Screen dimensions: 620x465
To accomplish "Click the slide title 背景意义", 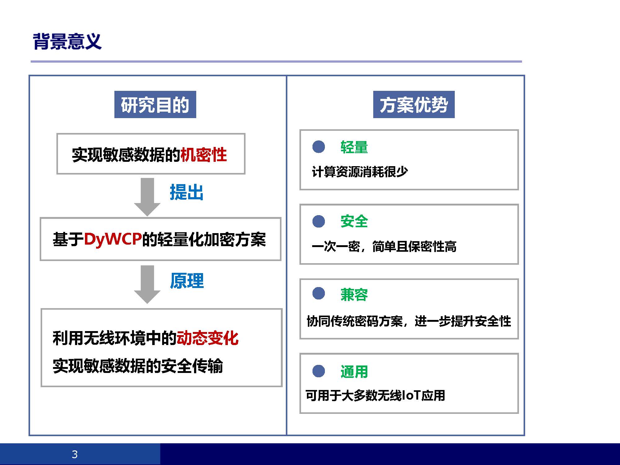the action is coord(67,41).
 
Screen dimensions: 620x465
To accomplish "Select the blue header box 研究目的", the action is coord(155,104).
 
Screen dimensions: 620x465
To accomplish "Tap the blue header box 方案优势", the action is coord(414,104).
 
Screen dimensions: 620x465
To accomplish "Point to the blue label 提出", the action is coord(187,192).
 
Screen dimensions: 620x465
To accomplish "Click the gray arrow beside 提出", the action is coord(147,197).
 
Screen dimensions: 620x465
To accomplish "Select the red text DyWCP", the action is coord(113,239).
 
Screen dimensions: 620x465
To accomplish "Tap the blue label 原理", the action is coord(187,281).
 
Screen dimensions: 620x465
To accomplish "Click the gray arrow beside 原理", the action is coord(147,285).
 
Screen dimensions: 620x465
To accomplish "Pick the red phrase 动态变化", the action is coord(207,338).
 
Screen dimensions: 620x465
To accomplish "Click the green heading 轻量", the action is coord(354,147).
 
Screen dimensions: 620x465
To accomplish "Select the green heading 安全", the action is coord(354,221).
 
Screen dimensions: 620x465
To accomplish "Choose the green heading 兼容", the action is coord(354,294).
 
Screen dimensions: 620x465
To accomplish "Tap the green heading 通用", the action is coord(354,371).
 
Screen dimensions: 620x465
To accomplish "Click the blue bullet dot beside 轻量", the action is coord(319,147).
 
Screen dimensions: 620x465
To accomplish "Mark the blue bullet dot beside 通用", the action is coord(319,371).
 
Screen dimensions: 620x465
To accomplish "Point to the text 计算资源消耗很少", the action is coord(360,171).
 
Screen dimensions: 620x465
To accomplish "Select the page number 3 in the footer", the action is coord(75,454).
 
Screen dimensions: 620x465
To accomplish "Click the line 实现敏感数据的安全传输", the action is coord(138,366).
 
